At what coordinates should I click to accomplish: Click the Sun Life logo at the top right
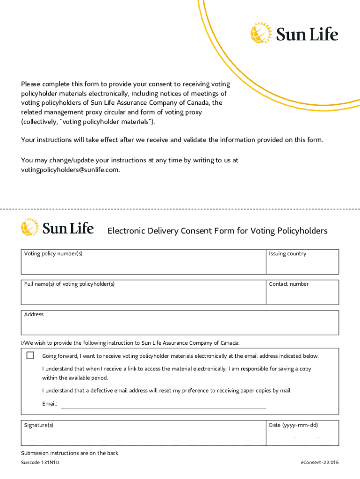pos(294,34)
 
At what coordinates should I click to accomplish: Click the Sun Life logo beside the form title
pos(57,228)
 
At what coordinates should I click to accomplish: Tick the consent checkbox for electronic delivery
pos(30,356)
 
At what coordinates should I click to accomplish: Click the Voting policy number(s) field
pos(143,265)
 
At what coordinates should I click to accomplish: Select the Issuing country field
pos(302,265)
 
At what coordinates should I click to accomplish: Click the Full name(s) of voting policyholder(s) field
pos(143,295)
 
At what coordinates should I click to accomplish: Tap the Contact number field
pos(302,295)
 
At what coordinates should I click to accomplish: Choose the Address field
pos(180,325)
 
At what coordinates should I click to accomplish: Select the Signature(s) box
pos(143,435)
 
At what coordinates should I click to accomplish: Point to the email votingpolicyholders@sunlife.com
pos(70,170)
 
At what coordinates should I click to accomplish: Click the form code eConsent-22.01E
pos(320,463)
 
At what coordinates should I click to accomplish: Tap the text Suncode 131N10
pos(40,463)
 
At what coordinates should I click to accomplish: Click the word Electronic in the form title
pos(129,231)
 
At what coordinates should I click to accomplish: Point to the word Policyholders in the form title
pos(302,231)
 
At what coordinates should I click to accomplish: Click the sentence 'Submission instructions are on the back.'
pos(70,453)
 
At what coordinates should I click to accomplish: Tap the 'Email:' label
pos(50,404)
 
